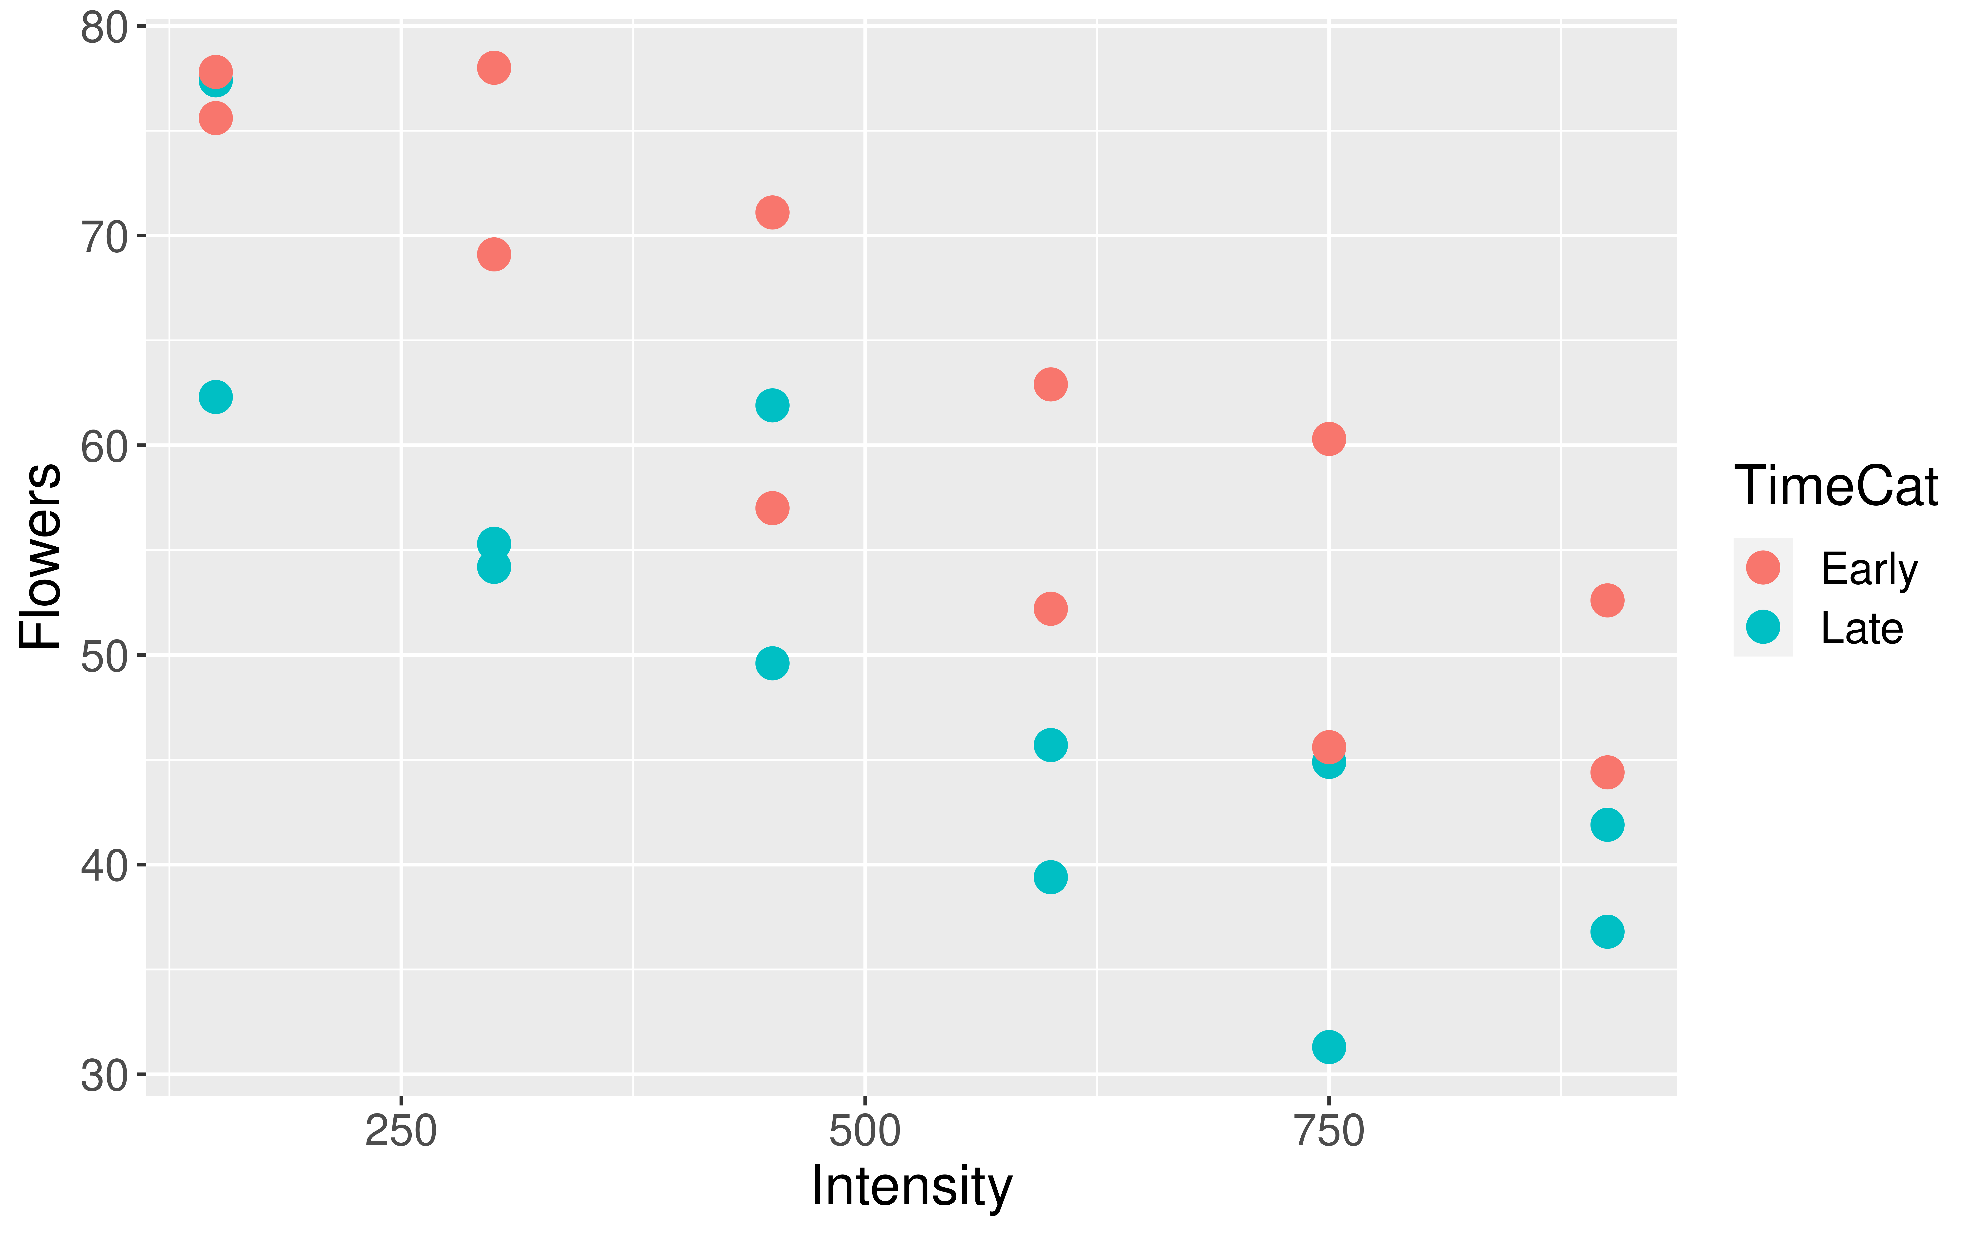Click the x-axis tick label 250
coord(400,1132)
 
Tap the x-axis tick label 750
coord(1329,1132)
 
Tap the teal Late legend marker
coord(1763,627)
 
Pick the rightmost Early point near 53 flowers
coord(1607,600)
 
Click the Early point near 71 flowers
coord(772,212)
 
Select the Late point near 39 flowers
coord(1051,877)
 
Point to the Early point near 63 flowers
coord(1051,384)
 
